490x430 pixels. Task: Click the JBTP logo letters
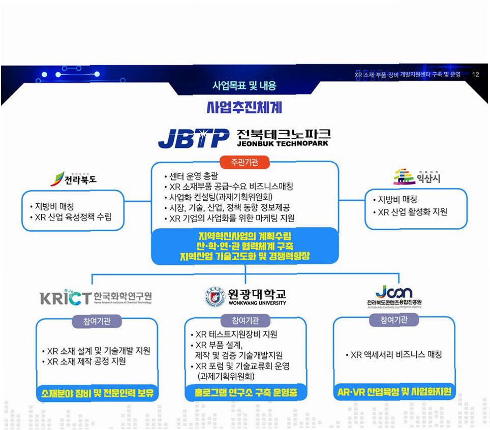(x=193, y=137)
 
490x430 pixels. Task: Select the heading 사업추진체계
(x=244, y=108)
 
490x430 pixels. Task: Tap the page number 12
(x=476, y=75)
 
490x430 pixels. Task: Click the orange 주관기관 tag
(x=244, y=163)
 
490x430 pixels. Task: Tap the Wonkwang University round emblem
(x=214, y=296)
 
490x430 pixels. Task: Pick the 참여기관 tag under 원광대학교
(x=246, y=320)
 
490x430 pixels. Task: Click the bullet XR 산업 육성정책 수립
(x=73, y=218)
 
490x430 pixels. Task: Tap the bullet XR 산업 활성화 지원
(x=412, y=211)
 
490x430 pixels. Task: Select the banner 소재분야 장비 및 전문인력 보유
(x=97, y=393)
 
